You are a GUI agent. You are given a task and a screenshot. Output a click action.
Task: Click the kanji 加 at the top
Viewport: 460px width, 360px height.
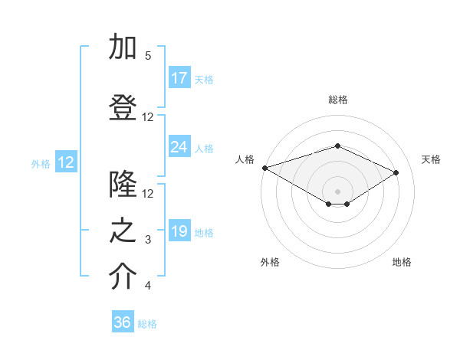[x=123, y=47]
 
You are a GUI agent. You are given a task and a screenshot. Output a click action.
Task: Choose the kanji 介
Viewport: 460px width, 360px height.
[x=123, y=278]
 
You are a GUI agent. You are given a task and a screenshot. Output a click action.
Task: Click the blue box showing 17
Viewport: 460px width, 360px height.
[x=179, y=78]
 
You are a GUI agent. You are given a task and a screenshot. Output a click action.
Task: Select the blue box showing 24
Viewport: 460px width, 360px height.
[x=179, y=147]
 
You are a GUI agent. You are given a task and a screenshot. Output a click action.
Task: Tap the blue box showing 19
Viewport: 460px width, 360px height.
[x=179, y=231]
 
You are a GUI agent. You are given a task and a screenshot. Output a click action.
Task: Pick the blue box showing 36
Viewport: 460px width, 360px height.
[x=123, y=322]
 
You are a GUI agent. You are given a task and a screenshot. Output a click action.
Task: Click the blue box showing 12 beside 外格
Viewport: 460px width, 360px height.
[x=66, y=162]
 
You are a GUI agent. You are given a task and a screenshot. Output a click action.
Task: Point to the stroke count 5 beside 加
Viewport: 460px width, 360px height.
[x=148, y=56]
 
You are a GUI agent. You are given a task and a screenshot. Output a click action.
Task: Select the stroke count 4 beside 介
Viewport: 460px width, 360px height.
[x=148, y=286]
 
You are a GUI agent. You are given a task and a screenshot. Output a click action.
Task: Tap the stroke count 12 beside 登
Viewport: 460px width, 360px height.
[x=148, y=117]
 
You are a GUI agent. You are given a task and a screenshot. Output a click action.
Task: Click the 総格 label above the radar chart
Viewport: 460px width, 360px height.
[x=337, y=100]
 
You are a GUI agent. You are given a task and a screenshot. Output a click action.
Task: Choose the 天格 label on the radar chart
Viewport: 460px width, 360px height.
[x=431, y=159]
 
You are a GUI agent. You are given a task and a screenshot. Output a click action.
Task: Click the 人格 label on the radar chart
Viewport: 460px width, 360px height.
[x=245, y=159]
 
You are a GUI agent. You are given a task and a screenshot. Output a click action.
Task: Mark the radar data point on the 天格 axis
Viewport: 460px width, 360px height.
[x=396, y=172]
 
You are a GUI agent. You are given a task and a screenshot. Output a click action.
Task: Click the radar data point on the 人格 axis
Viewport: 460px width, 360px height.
[x=264, y=168]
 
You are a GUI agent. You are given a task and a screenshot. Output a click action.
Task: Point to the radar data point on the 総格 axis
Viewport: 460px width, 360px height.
[x=337, y=146]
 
